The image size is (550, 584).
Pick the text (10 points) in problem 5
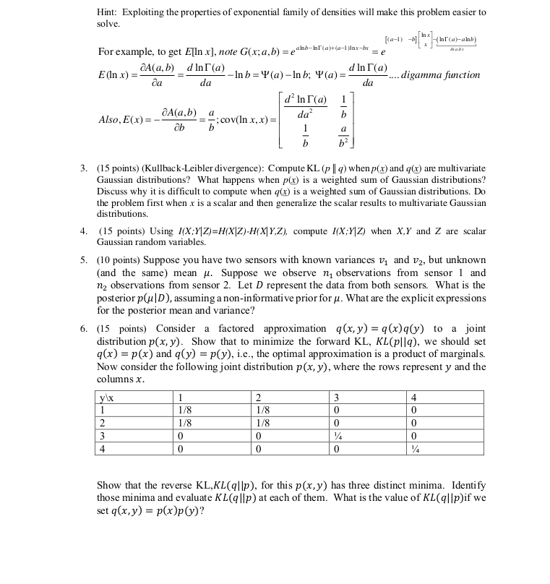(x=117, y=259)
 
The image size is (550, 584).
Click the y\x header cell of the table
(x=106, y=397)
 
